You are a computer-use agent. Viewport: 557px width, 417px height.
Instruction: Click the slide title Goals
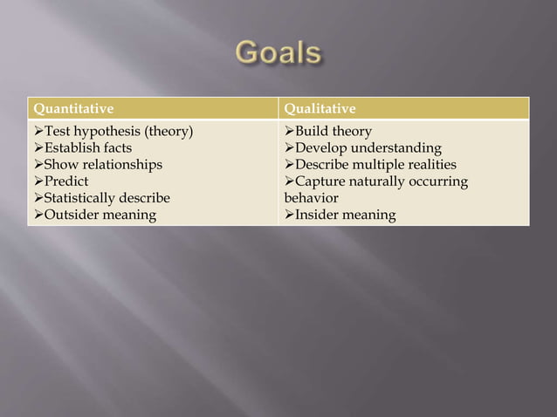tap(278, 53)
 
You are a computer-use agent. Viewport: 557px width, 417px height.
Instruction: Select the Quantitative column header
tap(73, 109)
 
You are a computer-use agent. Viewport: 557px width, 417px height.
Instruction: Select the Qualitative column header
tap(320, 109)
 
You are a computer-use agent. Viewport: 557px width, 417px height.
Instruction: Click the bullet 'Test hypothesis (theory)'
tap(112, 132)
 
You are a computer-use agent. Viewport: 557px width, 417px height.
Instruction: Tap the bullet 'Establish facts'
tap(82, 148)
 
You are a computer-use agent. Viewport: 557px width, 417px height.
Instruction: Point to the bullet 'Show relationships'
tap(97, 165)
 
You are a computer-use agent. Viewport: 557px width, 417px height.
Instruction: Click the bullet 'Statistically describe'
tap(100, 198)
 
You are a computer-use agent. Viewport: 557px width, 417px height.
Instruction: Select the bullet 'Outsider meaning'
tap(93, 215)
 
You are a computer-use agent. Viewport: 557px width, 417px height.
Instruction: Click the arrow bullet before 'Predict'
tap(38, 181)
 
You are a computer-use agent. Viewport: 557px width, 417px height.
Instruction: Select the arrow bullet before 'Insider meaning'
tap(289, 215)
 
